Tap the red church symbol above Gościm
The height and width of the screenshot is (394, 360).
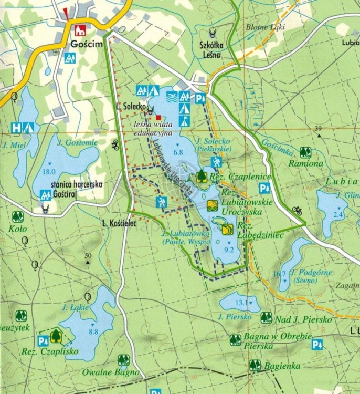point(81,30)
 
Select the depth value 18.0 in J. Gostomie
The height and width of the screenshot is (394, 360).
point(49,172)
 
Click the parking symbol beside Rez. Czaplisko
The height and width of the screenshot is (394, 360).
point(42,340)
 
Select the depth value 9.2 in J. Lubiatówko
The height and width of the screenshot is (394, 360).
point(228,250)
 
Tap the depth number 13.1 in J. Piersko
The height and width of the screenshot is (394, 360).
point(241,303)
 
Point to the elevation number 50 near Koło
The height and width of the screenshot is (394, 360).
point(88,255)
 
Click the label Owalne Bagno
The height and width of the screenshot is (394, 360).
point(110,372)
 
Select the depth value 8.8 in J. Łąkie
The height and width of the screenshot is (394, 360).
point(94,331)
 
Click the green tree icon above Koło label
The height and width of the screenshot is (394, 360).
point(17,216)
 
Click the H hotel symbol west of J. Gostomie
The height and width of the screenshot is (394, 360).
point(17,127)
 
